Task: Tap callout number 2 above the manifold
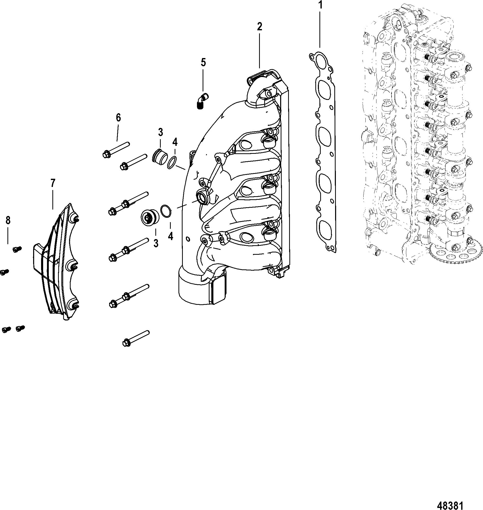(x=259, y=26)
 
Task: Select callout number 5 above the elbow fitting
(x=203, y=63)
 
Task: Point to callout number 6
(x=118, y=118)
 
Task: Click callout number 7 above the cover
(x=53, y=183)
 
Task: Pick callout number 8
(x=8, y=220)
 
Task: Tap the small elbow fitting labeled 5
(x=203, y=101)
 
